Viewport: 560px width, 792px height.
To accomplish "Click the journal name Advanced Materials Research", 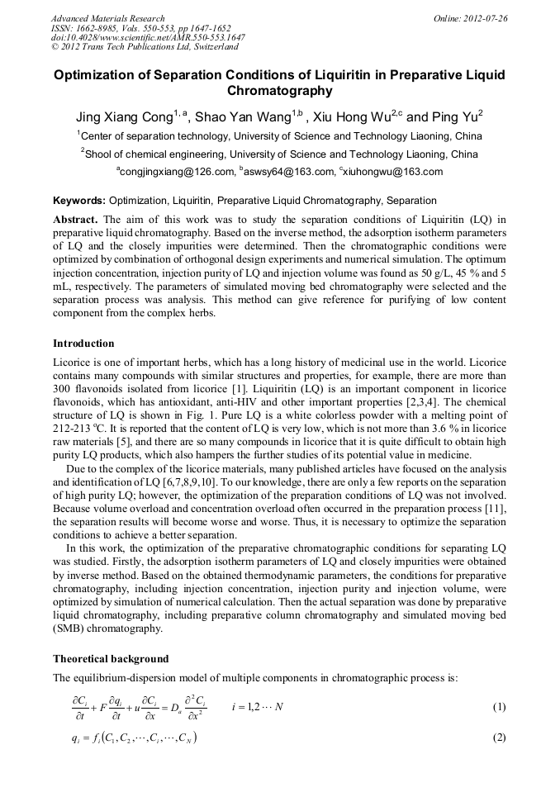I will click(x=107, y=18).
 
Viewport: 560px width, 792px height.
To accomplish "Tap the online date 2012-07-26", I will click(x=486, y=18).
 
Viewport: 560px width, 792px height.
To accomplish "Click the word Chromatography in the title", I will click(x=279, y=91).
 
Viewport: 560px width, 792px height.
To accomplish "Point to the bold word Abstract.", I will click(x=76, y=219).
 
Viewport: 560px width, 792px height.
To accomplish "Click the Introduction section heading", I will click(x=83, y=343).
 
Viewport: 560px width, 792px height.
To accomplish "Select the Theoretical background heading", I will click(x=111, y=659).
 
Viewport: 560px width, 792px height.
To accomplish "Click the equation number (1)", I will click(x=498, y=708).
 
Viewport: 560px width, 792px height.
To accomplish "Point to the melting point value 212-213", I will click(x=70, y=428).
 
